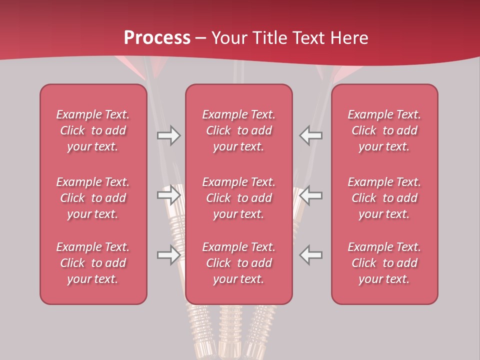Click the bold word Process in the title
coord(157,38)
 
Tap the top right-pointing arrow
coord(169,135)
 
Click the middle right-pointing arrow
coord(169,195)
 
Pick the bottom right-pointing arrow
coord(169,255)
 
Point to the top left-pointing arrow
coord(311,135)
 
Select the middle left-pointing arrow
coord(311,195)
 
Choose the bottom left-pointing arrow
coord(311,255)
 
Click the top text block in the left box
coord(93,130)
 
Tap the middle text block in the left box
coord(93,198)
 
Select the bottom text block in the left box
coord(93,263)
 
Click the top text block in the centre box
coord(239,130)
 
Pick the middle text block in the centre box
coord(239,198)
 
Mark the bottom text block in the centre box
coord(239,263)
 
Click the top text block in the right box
coord(384,130)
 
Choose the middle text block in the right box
coord(384,198)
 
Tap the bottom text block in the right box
coord(384,263)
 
